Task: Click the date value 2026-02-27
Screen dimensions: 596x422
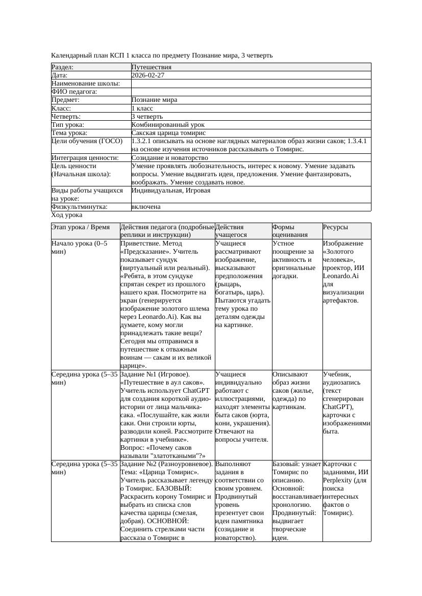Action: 148,75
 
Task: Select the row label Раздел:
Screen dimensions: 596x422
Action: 63,67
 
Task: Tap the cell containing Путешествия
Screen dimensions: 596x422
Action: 152,67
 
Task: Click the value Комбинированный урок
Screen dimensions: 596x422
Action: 168,125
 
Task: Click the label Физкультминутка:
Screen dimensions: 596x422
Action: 80,207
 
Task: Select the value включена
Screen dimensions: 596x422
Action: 146,207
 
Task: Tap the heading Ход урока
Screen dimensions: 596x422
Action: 67,215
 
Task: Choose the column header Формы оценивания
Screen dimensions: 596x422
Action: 290,231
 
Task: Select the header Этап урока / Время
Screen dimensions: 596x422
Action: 81,227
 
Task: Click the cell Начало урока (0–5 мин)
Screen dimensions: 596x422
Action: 79,248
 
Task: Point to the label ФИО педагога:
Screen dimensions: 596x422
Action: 75,92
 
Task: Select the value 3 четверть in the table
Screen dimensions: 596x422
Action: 147,117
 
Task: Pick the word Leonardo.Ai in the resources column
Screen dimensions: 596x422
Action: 341,276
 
